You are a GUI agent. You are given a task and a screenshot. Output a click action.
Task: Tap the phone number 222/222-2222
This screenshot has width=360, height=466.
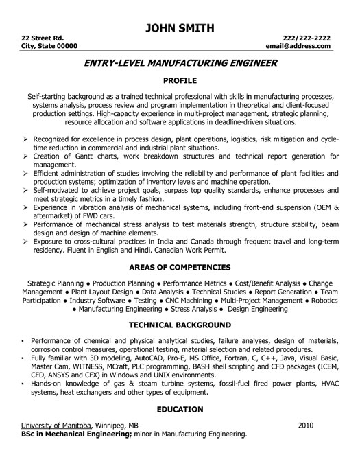coord(307,36)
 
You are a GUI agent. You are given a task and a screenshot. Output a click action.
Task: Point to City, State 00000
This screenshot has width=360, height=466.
coord(49,45)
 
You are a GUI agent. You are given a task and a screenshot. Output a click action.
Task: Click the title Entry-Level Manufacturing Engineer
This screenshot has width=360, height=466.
coord(180,64)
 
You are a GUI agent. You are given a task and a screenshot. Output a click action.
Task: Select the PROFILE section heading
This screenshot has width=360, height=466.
coord(180,80)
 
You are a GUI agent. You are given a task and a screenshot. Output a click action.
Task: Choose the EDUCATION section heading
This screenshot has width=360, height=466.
coord(180,410)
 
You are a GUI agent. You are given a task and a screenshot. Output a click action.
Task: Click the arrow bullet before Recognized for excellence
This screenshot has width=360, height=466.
coord(25,119)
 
